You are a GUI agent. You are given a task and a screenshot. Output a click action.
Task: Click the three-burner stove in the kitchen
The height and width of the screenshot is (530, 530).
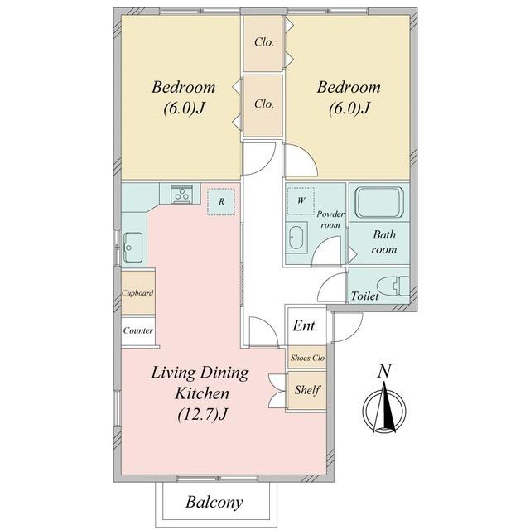pos(182,194)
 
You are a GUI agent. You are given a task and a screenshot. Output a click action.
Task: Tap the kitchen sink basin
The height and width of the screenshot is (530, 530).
pos(133,247)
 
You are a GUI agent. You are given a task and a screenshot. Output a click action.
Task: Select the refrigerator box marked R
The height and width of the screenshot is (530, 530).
pos(221,202)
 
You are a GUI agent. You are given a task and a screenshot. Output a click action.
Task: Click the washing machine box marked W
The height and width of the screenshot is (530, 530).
pos(301,201)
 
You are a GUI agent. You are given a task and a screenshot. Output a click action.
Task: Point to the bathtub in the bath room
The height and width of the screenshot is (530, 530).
pos(379,202)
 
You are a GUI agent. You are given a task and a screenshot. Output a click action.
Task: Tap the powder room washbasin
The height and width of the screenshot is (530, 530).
pos(296,238)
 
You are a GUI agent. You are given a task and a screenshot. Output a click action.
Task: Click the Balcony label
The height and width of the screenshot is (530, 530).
pos(214,503)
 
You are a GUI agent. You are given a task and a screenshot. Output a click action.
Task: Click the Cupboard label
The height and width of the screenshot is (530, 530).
pos(137,293)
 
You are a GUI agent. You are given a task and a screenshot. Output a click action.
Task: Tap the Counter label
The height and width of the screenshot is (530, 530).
pos(138,330)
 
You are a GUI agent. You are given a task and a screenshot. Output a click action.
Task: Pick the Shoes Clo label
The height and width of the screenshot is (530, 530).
pos(307,358)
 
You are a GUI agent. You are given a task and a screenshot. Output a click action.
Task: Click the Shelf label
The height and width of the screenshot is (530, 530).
pos(307,390)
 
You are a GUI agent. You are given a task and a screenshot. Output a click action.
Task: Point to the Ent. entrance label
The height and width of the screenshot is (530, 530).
pos(306,325)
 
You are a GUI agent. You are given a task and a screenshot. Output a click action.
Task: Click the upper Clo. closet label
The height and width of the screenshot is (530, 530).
pos(264,42)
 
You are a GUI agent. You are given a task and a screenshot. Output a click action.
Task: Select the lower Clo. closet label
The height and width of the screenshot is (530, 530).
pos(264,104)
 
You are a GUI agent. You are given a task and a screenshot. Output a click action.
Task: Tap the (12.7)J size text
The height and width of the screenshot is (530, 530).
pos(202,414)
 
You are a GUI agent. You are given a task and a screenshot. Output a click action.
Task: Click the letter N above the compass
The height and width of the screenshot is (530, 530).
pos(384,371)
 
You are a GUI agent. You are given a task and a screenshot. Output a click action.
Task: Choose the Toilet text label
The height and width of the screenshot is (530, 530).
pos(364,296)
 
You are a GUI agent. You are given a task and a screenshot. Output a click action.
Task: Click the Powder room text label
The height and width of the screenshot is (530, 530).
pos(330,219)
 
